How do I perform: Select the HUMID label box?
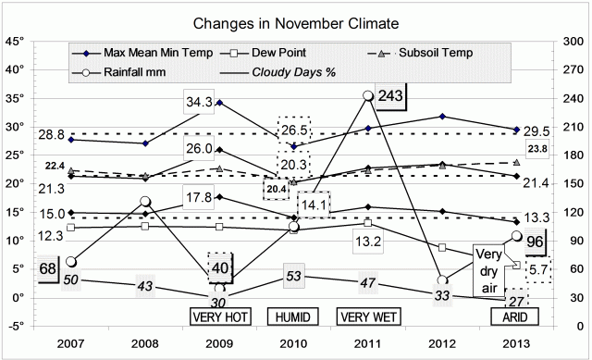[293, 317]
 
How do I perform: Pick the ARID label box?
[516, 317]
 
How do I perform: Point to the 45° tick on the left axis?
[14, 41]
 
